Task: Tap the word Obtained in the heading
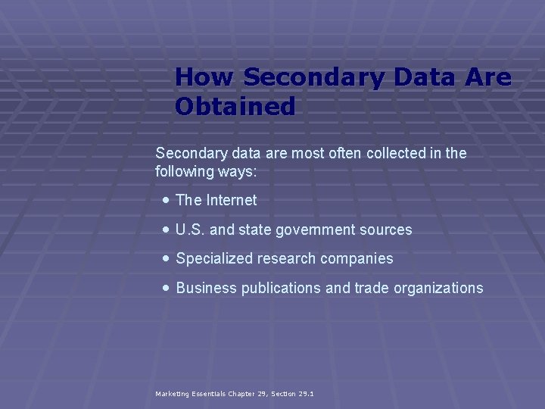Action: tap(235, 107)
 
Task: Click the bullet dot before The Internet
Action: tap(166, 200)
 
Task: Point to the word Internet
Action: tap(231, 200)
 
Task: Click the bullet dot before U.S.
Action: tap(166, 229)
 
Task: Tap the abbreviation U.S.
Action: tap(190, 229)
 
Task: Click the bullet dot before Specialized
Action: tap(166, 258)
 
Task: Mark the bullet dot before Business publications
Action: tap(166, 287)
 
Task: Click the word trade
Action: tap(366, 288)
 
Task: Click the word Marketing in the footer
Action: tap(173, 394)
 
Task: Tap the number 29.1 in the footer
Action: tap(306, 394)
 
